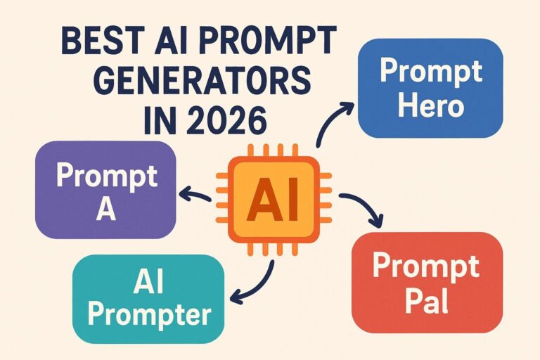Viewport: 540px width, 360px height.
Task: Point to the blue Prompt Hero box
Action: tap(430, 88)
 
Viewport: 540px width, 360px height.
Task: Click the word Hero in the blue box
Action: tap(430, 107)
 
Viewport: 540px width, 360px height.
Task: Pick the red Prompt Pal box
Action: tap(426, 282)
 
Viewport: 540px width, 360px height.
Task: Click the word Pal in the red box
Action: tap(426, 302)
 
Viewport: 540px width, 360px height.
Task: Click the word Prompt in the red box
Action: tap(426, 266)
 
